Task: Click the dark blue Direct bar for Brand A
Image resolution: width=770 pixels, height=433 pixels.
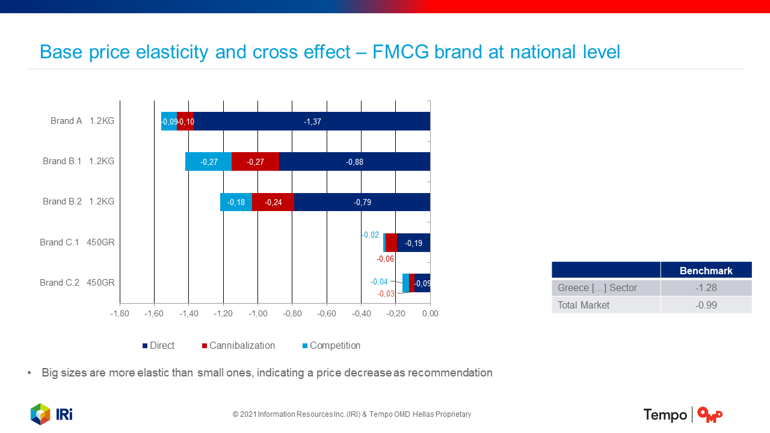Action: click(x=312, y=121)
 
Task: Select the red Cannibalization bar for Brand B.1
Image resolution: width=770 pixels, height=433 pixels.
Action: click(x=255, y=162)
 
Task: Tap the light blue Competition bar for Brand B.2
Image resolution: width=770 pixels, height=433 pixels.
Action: click(x=236, y=202)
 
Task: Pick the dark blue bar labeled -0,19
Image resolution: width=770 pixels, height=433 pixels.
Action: click(x=413, y=243)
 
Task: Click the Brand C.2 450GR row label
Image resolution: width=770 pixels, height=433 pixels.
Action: click(x=77, y=283)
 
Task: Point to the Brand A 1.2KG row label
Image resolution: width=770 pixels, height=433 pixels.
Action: click(x=82, y=121)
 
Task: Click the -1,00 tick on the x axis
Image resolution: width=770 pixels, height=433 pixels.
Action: click(x=257, y=314)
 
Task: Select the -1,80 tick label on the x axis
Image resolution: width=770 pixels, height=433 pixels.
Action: click(x=120, y=314)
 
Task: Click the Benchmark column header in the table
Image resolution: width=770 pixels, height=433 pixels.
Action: click(x=706, y=271)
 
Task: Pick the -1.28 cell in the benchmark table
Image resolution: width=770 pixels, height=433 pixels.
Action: click(x=706, y=288)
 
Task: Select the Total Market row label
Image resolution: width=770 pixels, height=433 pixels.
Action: click(x=584, y=306)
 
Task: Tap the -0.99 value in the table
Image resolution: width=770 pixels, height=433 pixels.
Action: click(x=706, y=306)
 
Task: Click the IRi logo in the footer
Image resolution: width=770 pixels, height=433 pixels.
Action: click(x=52, y=414)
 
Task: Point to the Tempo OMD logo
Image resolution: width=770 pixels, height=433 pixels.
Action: click(x=683, y=415)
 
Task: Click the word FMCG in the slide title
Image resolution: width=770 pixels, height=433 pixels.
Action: click(x=401, y=52)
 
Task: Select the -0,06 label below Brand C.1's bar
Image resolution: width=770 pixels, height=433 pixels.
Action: click(x=386, y=259)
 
